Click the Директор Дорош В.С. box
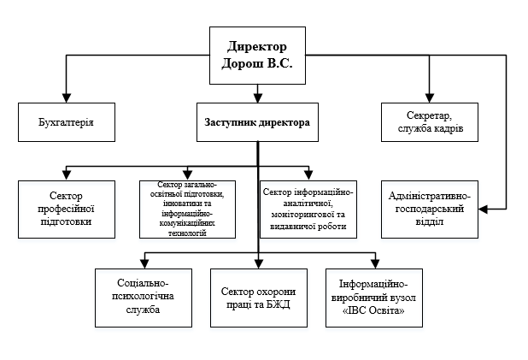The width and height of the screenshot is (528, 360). pyautogui.click(x=258, y=56)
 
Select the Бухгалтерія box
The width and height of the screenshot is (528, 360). pyautogui.click(x=67, y=122)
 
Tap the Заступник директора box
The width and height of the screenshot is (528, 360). pyautogui.click(x=258, y=122)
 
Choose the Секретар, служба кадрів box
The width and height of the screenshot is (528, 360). pyautogui.click(x=430, y=122)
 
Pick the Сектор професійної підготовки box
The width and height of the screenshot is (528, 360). pyautogui.click(x=67, y=210)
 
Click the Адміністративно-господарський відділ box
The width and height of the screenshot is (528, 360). pyautogui.click(x=430, y=210)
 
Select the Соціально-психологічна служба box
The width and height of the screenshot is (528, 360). pyautogui.click(x=144, y=298)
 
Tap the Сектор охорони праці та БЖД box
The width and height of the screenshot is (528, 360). pyautogui.click(x=259, y=298)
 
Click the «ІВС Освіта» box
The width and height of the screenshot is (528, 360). pyautogui.click(x=374, y=298)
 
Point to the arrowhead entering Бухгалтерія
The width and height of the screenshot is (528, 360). pyautogui.click(x=67, y=97)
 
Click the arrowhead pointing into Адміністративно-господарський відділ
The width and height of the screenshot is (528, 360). pyautogui.click(x=484, y=209)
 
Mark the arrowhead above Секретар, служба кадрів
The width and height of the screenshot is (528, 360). pyautogui.click(x=430, y=97)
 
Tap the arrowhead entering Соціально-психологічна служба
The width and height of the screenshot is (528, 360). pyautogui.click(x=144, y=264)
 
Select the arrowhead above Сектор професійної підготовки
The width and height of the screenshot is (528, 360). pyautogui.click(x=67, y=175)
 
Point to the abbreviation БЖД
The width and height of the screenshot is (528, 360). pyautogui.click(x=279, y=304)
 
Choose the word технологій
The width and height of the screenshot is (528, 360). pyautogui.click(x=187, y=233)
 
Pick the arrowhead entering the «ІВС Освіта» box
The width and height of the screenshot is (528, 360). pyautogui.click(x=375, y=264)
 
